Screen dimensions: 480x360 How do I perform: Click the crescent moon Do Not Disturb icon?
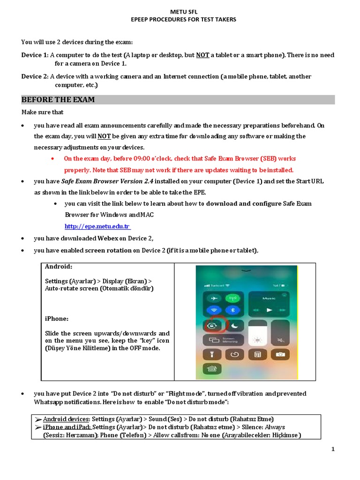232,325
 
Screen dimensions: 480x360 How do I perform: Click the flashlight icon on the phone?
211,354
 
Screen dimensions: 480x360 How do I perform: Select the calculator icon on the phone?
257,354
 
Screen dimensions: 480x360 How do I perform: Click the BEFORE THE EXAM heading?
58,100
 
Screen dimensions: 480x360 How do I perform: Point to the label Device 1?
34,55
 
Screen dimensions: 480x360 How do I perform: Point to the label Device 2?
34,76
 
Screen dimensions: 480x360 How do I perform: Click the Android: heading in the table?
59,267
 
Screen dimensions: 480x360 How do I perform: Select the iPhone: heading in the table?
57,318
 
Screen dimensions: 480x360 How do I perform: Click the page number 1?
333,450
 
